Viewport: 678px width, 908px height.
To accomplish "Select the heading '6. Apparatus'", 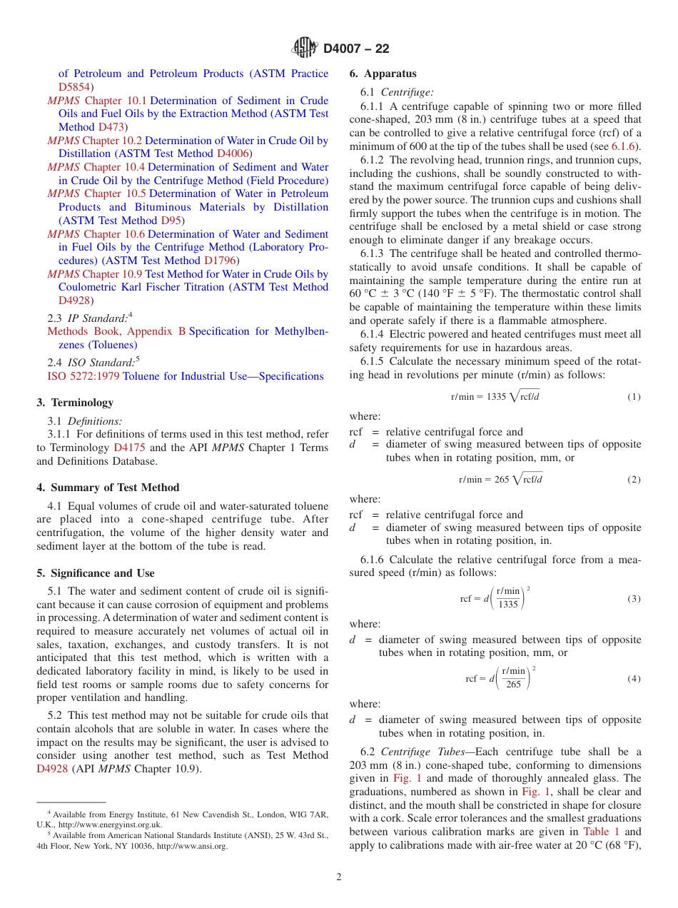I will pyautogui.click(x=383, y=74).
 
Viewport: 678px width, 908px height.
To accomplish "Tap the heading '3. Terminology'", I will pyautogui.click(x=75, y=403).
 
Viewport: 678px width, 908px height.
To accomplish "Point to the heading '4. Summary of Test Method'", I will pyautogui.click(x=108, y=488).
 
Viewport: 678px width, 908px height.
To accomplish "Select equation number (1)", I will pyautogui.click(x=634, y=397).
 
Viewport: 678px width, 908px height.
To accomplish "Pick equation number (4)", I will pyautogui.click(x=634, y=679).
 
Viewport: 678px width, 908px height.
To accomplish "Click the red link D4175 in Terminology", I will pyautogui.click(x=128, y=448).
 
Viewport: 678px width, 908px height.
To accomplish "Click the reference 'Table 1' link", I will pyautogui.click(x=601, y=832).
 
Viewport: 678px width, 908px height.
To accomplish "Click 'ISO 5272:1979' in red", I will pyautogui.click(x=84, y=376).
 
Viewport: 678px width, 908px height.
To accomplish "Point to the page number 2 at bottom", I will pyautogui.click(x=339, y=877).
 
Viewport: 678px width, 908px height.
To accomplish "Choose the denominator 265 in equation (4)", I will pyautogui.click(x=513, y=685).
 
